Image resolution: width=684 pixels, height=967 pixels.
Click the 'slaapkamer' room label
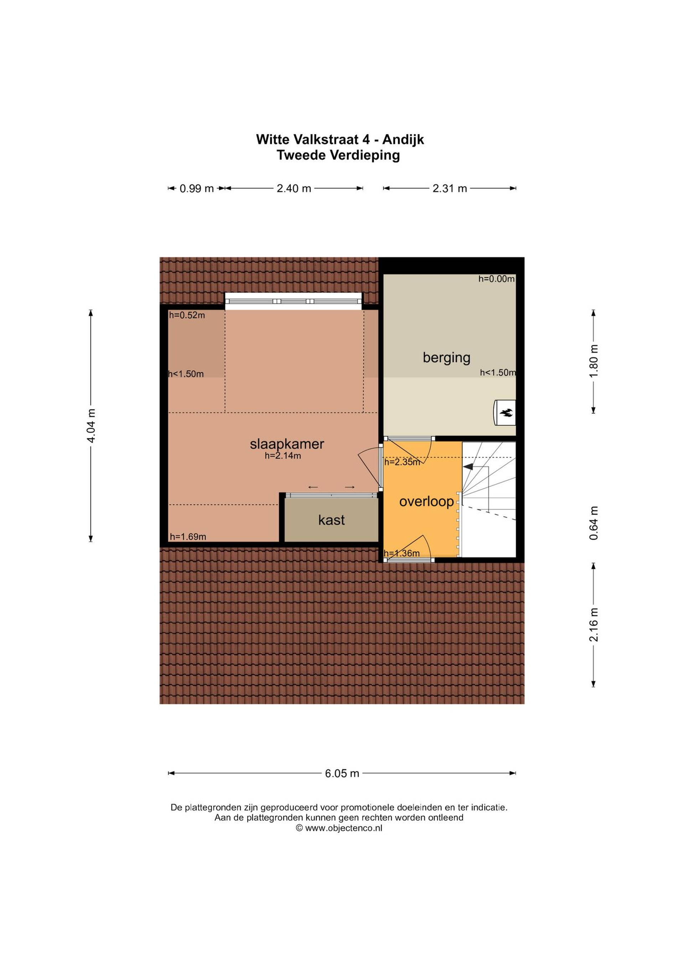click(287, 444)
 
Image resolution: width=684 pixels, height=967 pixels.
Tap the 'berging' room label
click(446, 358)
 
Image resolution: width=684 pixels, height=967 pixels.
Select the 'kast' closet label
click(331, 520)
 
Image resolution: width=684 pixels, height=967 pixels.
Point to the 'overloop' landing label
click(426, 501)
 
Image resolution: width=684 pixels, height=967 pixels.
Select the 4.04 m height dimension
click(91, 426)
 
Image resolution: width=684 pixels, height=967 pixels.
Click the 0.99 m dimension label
click(197, 188)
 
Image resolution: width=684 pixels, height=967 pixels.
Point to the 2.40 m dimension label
click(294, 188)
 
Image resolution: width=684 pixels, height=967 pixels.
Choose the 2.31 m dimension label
click(450, 188)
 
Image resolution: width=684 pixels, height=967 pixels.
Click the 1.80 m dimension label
click(594, 361)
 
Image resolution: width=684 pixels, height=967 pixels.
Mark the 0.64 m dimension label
click(594, 523)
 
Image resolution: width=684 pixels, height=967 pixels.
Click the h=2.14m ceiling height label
click(283, 456)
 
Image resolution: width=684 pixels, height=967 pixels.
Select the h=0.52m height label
click(187, 315)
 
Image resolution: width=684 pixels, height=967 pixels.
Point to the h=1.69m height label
click(188, 537)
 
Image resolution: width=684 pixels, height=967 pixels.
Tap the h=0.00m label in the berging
click(497, 278)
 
